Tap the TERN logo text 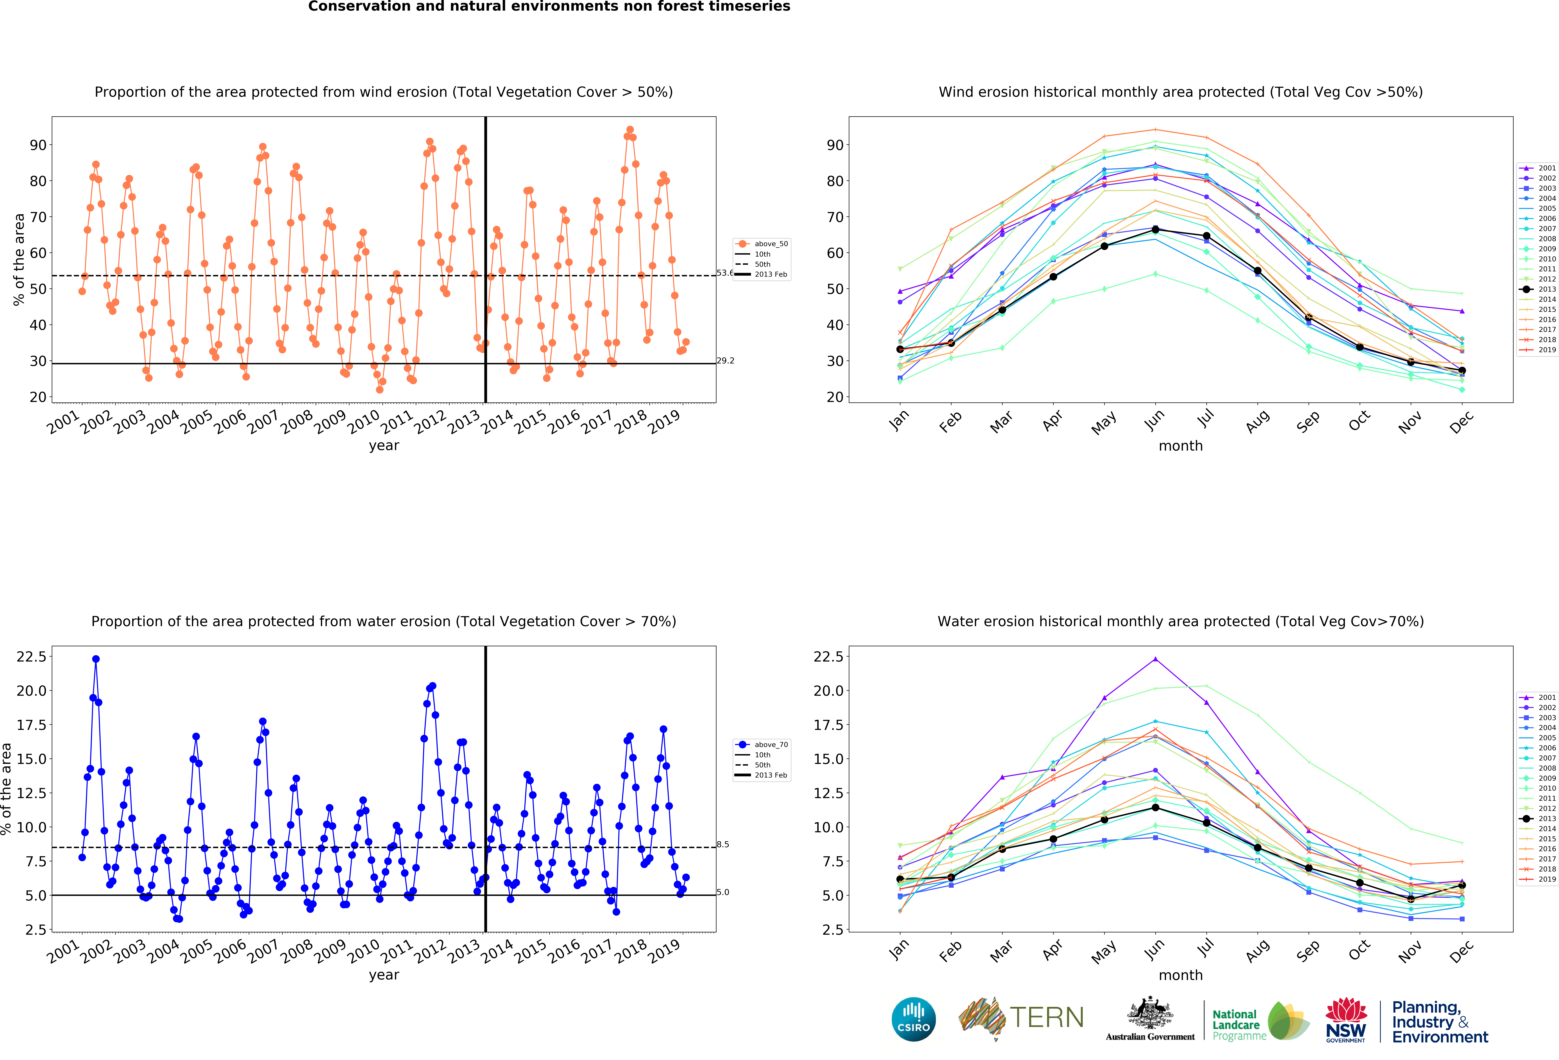(x=1047, y=1018)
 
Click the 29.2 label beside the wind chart (x=725, y=360)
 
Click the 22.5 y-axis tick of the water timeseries (x=32, y=657)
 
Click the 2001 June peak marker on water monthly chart (x=1155, y=659)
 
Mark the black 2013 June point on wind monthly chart (x=1155, y=230)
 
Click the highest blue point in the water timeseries (x=96, y=659)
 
